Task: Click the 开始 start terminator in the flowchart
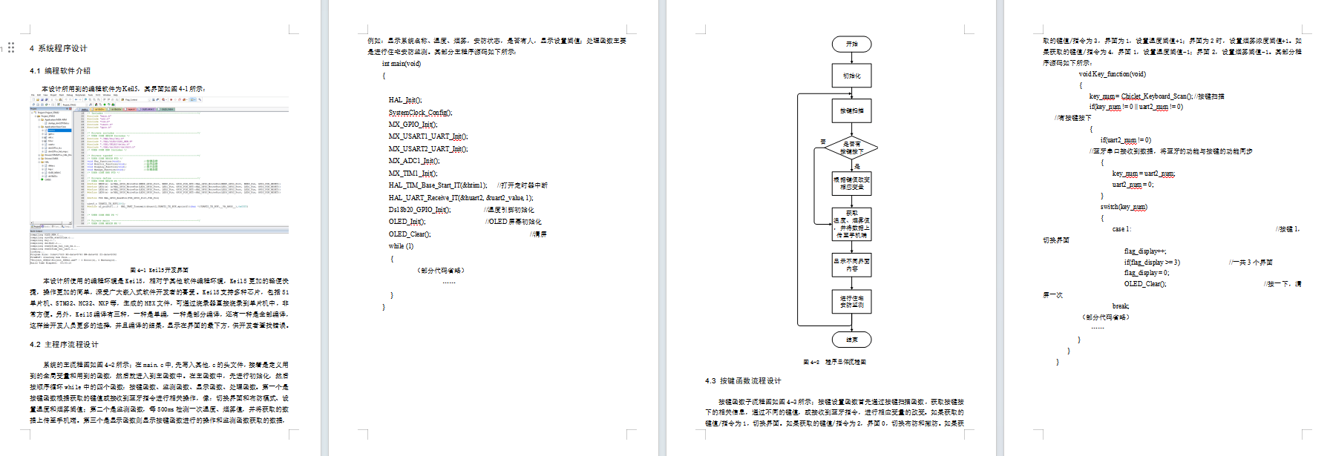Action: (x=851, y=44)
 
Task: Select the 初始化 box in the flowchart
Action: (x=851, y=76)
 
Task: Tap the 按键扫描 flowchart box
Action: (x=851, y=110)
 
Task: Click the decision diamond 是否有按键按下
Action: (x=851, y=148)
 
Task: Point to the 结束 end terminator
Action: (x=851, y=340)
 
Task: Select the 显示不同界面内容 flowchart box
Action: (x=851, y=265)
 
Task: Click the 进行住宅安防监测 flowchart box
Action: (x=851, y=301)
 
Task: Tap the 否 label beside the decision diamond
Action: (x=823, y=142)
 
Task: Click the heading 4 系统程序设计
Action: (x=59, y=48)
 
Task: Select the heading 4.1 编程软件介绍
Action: (x=60, y=71)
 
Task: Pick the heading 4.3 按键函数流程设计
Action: (x=743, y=381)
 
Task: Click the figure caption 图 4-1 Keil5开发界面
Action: (x=159, y=271)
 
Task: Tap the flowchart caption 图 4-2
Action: (x=834, y=363)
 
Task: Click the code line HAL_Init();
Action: (x=405, y=100)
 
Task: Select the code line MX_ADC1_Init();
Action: (x=413, y=161)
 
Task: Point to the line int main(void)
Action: (x=402, y=64)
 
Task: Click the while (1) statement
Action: (x=401, y=246)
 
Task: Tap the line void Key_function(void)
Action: (x=1112, y=74)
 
